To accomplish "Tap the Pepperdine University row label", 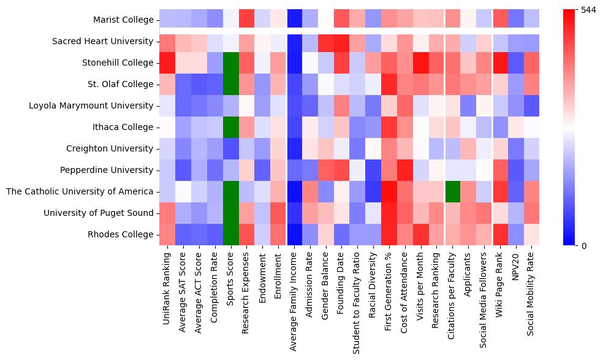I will pyautogui.click(x=107, y=170).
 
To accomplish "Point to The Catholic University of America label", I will pyautogui.click(x=80, y=191).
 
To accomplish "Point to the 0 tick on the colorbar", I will pyautogui.click(x=584, y=245).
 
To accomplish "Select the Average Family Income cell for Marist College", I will pyautogui.click(x=295, y=20).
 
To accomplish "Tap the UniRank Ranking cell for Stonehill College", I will pyautogui.click(x=167, y=63).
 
